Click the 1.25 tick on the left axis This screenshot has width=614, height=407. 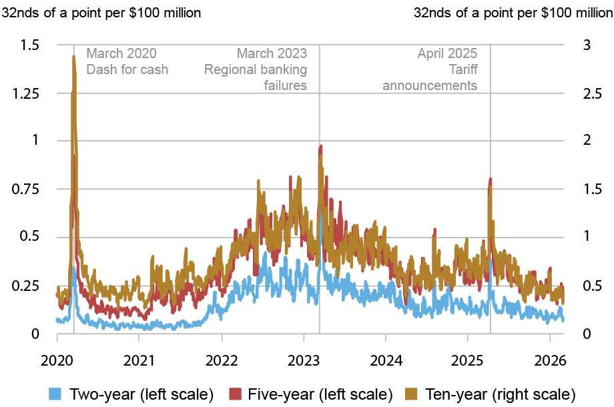click(25, 93)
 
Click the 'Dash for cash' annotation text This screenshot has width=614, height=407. click(127, 69)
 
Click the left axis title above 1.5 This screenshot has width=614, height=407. click(101, 13)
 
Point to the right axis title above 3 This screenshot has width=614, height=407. click(513, 13)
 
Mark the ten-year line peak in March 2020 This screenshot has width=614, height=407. click(73, 57)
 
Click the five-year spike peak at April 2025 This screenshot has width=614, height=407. click(491, 179)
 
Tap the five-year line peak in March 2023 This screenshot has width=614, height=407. click(321, 145)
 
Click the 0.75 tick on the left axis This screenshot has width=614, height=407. click(25, 189)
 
